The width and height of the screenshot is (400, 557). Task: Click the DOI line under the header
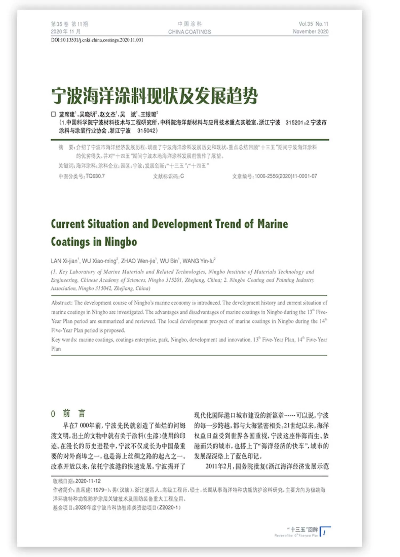(97, 40)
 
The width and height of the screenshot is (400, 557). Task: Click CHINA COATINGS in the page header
(189, 32)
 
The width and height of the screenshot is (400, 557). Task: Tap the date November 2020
(310, 31)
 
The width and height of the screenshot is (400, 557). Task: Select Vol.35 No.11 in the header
(313, 24)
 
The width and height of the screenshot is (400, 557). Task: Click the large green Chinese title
(154, 96)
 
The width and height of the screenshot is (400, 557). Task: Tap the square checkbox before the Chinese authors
(53, 114)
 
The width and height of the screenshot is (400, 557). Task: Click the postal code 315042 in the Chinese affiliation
(147, 131)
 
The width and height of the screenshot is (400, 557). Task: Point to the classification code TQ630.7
(95, 176)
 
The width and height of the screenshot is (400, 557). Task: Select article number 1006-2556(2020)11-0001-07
(286, 176)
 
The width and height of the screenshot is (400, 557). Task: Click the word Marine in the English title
(272, 224)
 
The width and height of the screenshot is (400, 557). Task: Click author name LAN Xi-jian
(64, 261)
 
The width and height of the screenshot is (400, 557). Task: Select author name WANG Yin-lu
(198, 261)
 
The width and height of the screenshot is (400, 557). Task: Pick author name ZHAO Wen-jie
(138, 261)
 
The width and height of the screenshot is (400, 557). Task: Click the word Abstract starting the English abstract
(61, 303)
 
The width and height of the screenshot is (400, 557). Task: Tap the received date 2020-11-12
(88, 481)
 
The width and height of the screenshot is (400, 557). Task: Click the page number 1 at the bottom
(324, 533)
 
